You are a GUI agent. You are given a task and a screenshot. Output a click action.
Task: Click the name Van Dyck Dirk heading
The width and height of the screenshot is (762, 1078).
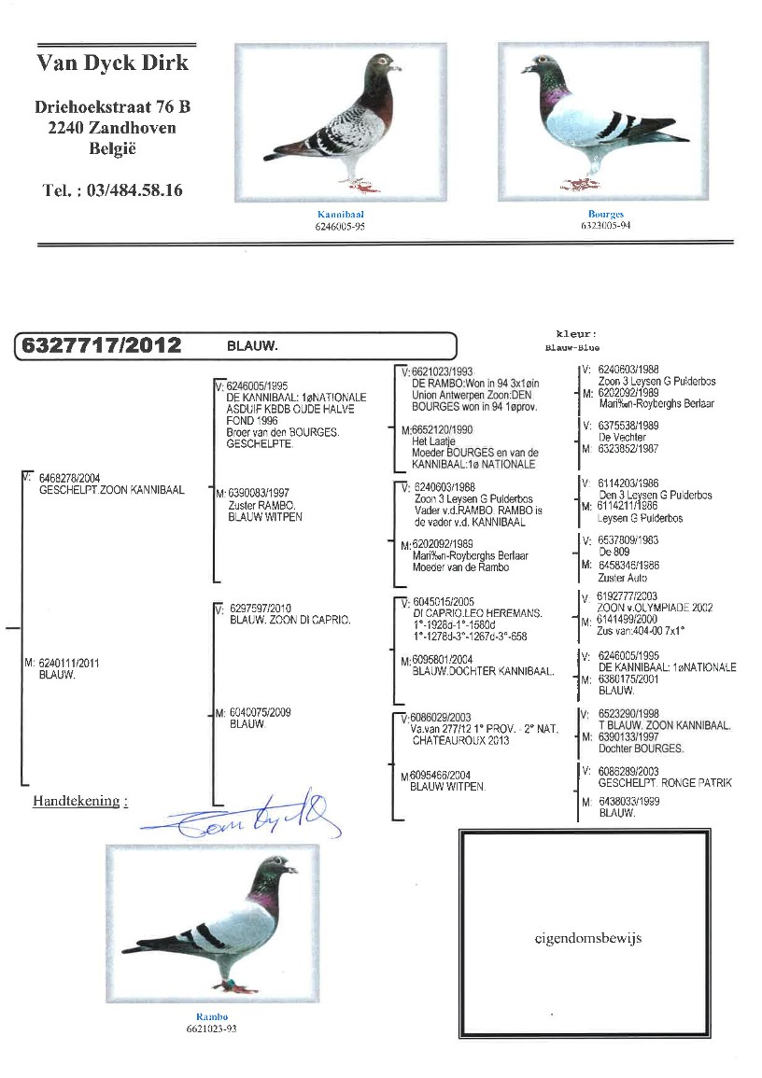(112, 63)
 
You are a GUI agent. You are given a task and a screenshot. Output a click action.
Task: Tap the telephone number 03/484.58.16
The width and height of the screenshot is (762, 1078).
(112, 190)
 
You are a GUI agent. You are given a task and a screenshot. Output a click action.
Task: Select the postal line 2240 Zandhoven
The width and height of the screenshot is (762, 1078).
(112, 128)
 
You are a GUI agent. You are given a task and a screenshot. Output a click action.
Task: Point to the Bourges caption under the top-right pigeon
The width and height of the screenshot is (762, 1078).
(605, 214)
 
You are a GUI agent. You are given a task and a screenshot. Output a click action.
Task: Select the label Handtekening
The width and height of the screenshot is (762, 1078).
(78, 801)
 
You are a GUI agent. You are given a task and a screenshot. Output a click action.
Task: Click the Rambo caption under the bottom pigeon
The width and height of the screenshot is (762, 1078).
(212, 1016)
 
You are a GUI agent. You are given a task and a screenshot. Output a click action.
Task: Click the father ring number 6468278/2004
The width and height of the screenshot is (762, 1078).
(70, 478)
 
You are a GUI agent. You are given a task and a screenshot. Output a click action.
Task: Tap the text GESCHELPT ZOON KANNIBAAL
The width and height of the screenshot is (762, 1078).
(112, 489)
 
